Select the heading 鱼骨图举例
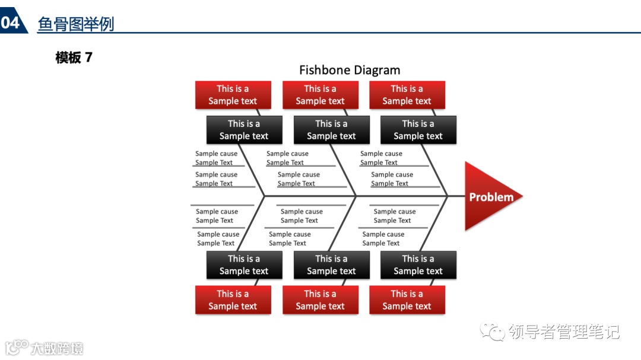pos(75,24)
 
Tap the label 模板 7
pos(74,58)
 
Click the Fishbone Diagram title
pos(350,70)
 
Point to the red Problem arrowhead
pos(490,196)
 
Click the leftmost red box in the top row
pos(233,95)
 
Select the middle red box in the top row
pos(320,95)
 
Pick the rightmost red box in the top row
pos(407,95)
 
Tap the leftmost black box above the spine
pos(244,130)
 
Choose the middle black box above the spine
pos(331,130)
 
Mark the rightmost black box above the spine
pos(418,130)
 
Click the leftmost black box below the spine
pos(244,265)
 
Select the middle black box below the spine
pos(331,265)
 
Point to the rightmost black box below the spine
pos(418,265)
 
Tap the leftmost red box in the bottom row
pos(233,300)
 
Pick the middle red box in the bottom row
pos(320,300)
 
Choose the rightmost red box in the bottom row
pos(407,300)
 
